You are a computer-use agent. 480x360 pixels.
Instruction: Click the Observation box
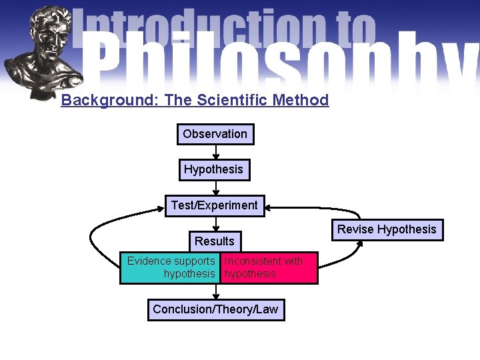[x=215, y=134]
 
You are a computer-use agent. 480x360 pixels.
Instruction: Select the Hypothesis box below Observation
[x=213, y=169]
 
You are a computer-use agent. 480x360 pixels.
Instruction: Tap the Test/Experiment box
[x=214, y=205]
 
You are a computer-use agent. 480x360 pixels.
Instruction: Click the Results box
[x=214, y=241]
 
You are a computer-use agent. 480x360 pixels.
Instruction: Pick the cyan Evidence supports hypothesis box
[x=171, y=267]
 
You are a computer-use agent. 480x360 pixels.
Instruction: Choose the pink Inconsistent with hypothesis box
[x=269, y=267]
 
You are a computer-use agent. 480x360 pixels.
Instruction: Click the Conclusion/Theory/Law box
[x=215, y=309]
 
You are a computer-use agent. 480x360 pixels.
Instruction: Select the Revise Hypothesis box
[x=386, y=229]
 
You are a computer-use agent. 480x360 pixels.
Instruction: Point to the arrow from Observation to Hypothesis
[x=215, y=151]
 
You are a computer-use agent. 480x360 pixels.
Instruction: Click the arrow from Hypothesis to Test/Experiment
[x=215, y=187]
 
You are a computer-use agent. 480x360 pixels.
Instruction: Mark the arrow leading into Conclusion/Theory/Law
[x=215, y=292]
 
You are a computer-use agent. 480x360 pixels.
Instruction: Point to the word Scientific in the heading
[x=231, y=101]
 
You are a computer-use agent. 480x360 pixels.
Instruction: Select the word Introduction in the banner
[x=200, y=27]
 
